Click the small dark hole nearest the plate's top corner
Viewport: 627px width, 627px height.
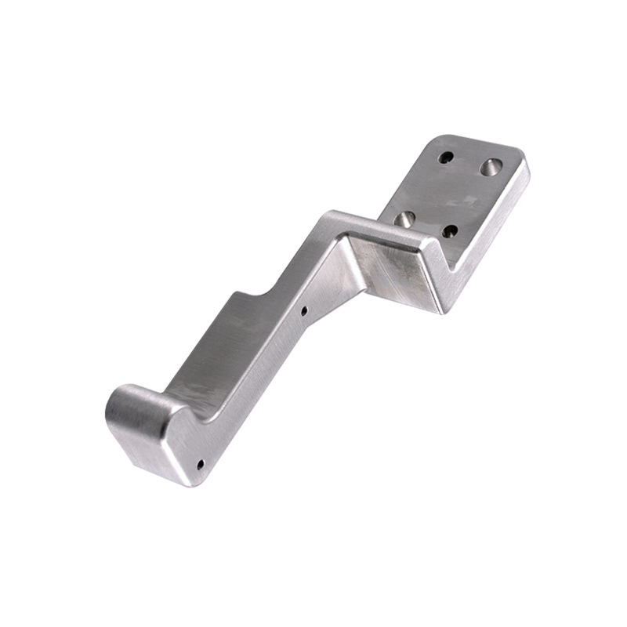(x=446, y=157)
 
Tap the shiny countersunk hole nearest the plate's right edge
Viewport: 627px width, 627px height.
(x=491, y=166)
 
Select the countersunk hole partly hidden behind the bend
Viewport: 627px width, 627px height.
(x=404, y=219)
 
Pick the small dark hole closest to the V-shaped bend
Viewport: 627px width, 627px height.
(x=450, y=231)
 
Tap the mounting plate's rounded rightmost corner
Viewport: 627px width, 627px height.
(x=524, y=166)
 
